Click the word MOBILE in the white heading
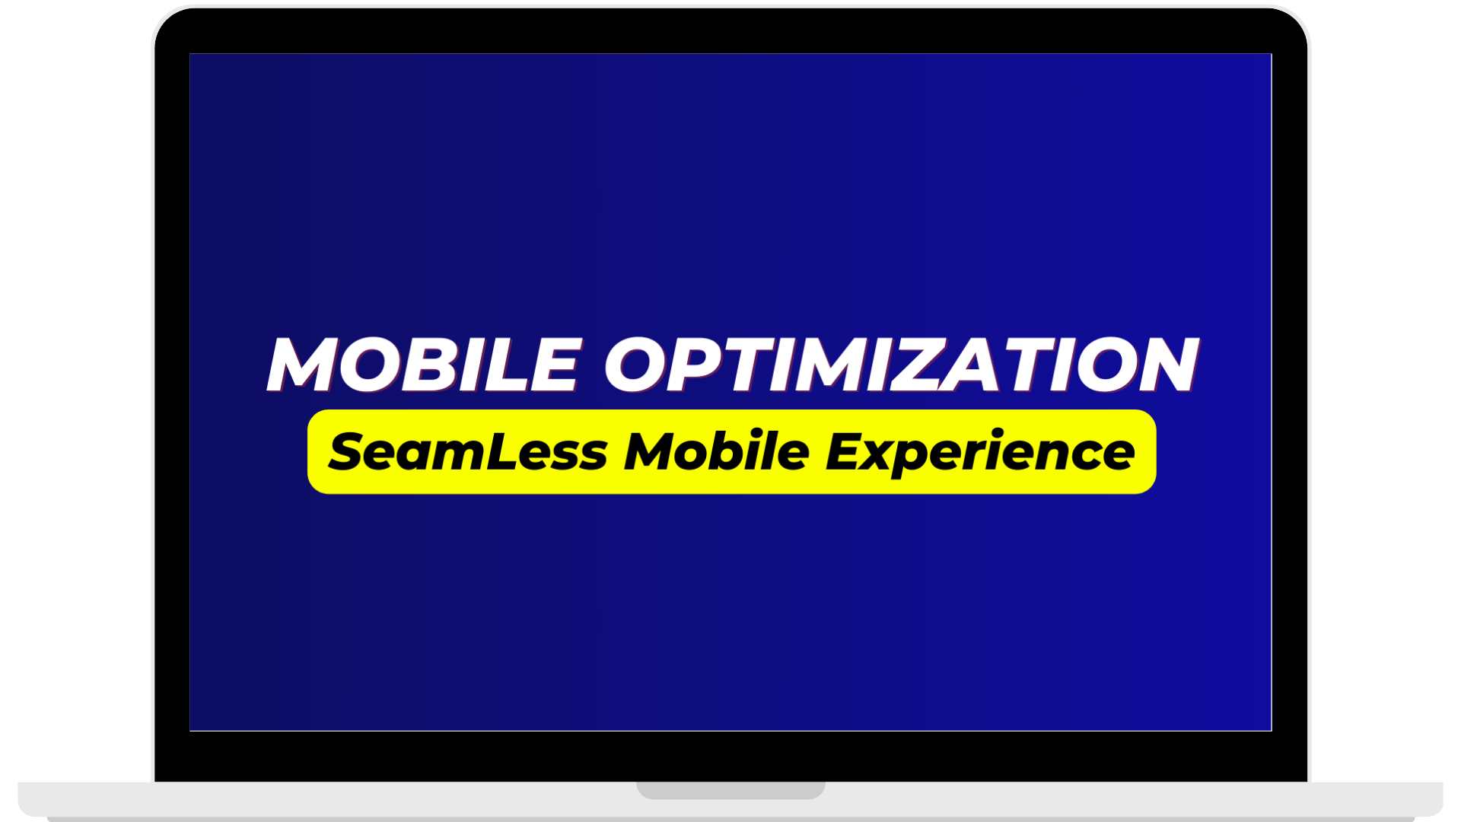[x=425, y=365]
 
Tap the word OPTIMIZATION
[x=902, y=365]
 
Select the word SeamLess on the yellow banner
[x=468, y=451]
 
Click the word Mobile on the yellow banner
[x=717, y=451]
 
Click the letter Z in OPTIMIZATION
[x=907, y=365]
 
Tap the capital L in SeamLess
[x=499, y=451]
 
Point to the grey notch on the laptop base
[x=730, y=790]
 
